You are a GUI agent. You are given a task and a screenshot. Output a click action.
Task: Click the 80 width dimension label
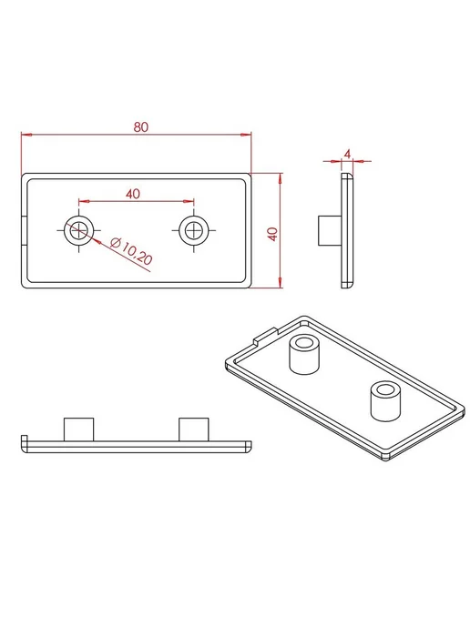140,127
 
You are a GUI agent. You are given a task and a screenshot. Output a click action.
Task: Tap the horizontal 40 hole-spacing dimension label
133,194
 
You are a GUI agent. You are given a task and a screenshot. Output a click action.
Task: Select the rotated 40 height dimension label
272,234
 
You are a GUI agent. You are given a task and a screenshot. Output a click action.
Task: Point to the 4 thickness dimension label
347,154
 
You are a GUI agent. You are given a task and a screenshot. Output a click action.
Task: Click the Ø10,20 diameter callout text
131,251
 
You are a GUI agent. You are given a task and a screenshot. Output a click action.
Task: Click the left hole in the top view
78,230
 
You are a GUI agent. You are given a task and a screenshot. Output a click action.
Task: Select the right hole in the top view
194,230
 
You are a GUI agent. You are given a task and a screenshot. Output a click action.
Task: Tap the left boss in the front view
78,429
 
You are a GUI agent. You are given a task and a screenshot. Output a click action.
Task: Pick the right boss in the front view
194,429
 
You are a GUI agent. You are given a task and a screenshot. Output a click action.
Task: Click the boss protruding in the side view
330,231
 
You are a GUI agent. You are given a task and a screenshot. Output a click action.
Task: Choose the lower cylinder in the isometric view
385,401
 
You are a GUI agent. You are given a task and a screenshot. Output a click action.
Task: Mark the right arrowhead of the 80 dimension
246,135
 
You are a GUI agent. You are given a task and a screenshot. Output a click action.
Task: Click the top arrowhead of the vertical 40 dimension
281,178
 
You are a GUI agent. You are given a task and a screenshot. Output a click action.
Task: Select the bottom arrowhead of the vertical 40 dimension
281,282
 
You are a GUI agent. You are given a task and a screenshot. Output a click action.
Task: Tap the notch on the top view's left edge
25,231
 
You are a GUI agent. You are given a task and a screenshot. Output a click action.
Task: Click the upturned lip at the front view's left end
24,439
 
